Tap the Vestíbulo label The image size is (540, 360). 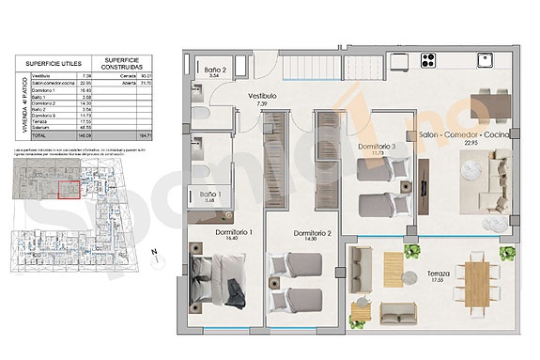[262, 96]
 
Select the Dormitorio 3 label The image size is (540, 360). [383, 148]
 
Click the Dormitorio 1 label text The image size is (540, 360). [225, 232]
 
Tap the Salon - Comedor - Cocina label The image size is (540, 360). [471, 136]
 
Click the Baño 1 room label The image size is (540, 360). [210, 196]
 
